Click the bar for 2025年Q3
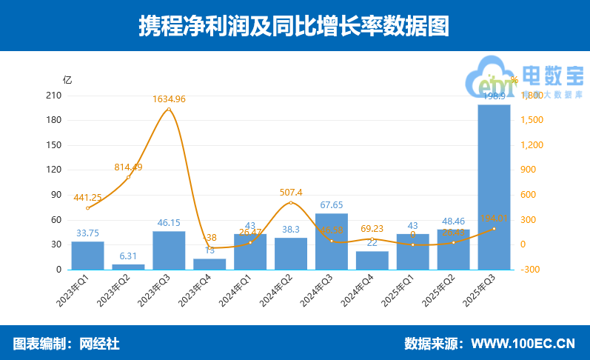coord(494,187)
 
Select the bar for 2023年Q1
coord(87,256)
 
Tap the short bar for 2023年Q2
coord(128,267)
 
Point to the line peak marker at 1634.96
coord(169,110)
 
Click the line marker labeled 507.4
coord(291,202)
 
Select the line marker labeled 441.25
coord(87,208)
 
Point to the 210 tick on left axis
coord(53,96)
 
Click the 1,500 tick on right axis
coord(532,120)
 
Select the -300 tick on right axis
coord(530,270)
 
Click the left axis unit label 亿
coord(67,80)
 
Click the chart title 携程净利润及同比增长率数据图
coord(295,26)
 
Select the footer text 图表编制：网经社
coord(66,344)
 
